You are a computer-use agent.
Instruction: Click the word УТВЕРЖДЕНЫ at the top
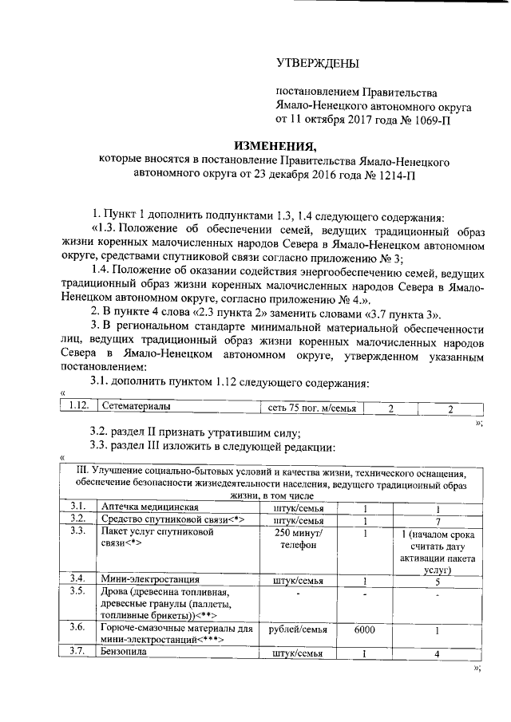[318, 62]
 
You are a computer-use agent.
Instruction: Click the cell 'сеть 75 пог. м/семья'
[311, 408]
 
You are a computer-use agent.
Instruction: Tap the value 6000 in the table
[364, 629]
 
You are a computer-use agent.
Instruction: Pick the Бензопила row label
[125, 653]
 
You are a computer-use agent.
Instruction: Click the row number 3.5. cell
[78, 591]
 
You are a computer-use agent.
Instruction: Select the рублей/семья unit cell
[297, 629]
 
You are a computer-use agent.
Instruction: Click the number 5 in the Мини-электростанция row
[438, 580]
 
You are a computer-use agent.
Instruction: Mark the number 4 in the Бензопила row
[438, 654]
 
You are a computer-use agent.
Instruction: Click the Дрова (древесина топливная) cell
[164, 603]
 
